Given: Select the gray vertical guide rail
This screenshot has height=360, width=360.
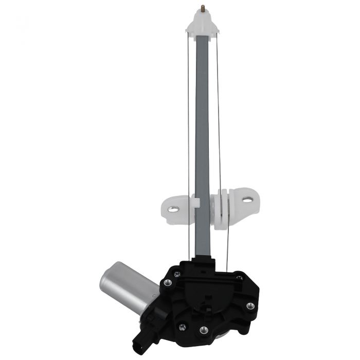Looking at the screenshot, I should click(x=202, y=129).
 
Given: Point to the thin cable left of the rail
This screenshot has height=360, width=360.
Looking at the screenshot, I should click(x=188, y=129).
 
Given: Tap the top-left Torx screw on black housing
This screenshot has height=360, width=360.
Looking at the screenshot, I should click(x=176, y=274).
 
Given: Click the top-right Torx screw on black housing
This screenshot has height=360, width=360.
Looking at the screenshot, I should click(x=239, y=278).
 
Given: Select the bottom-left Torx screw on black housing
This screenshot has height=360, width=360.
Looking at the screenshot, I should click(x=181, y=326).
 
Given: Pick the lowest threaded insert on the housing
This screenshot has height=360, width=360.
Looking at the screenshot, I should click(x=204, y=330).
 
